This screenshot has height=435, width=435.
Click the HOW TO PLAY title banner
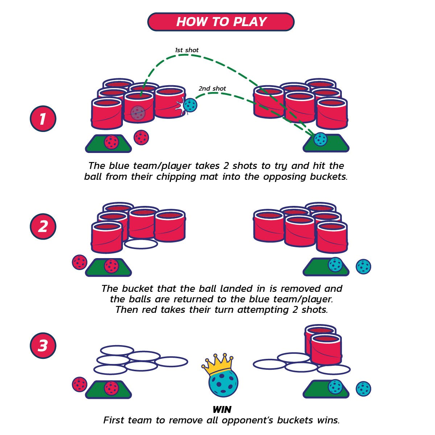(221, 22)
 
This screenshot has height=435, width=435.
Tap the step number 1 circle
(43, 119)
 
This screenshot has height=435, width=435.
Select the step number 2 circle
(43, 227)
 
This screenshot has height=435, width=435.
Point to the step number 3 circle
(43, 345)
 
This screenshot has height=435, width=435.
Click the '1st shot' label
(187, 50)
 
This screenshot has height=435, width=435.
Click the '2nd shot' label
(212, 88)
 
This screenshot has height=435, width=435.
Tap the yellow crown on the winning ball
(217, 364)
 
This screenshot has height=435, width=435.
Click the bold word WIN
(222, 410)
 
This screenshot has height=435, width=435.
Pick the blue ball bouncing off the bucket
(190, 105)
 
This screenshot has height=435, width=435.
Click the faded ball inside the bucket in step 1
(138, 113)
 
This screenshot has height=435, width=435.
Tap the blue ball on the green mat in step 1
(320, 139)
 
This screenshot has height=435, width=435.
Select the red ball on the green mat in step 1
(111, 142)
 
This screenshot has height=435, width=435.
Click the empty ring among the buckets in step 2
(141, 244)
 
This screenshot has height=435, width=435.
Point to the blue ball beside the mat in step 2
(363, 266)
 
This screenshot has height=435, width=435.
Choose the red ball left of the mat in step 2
(80, 262)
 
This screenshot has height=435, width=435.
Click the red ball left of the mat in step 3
(80, 384)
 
